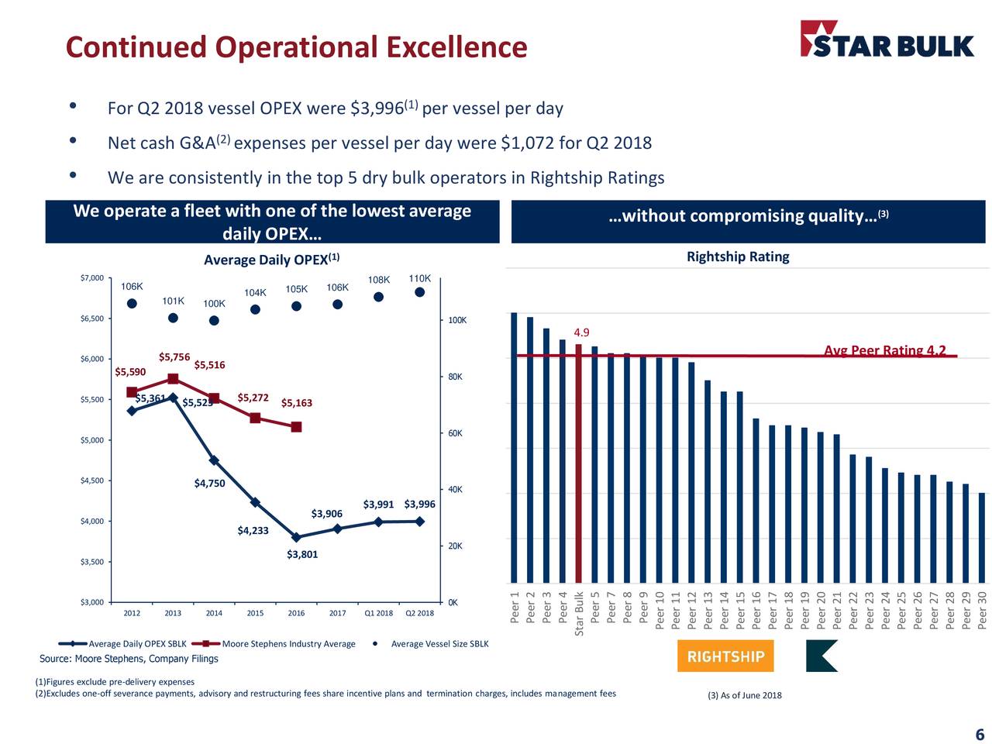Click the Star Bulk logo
887,40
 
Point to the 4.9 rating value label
581,332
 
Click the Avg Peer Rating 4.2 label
884,350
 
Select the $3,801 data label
302,554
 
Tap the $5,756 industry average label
174,356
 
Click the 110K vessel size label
419,278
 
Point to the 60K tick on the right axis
455,433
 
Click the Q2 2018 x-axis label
419,613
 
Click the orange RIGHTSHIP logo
725,656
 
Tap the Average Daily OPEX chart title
271,260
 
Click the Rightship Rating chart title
738,257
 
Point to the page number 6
980,735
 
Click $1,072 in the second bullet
527,143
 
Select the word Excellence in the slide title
456,46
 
